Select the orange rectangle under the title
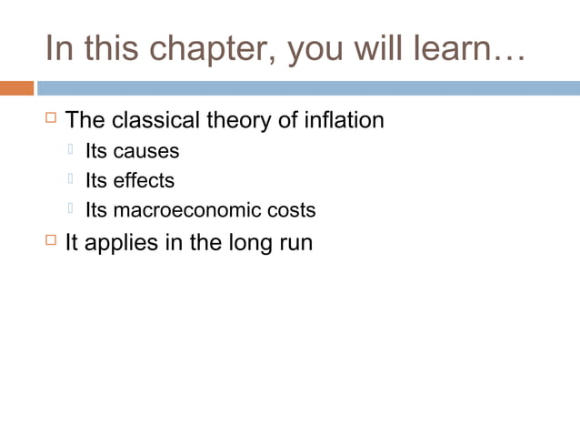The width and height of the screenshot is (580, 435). point(16,88)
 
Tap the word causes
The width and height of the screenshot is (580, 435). point(146,151)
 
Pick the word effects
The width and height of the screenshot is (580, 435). point(144,180)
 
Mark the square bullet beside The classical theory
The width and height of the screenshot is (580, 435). point(51,119)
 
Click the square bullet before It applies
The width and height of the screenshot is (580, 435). point(51,242)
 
